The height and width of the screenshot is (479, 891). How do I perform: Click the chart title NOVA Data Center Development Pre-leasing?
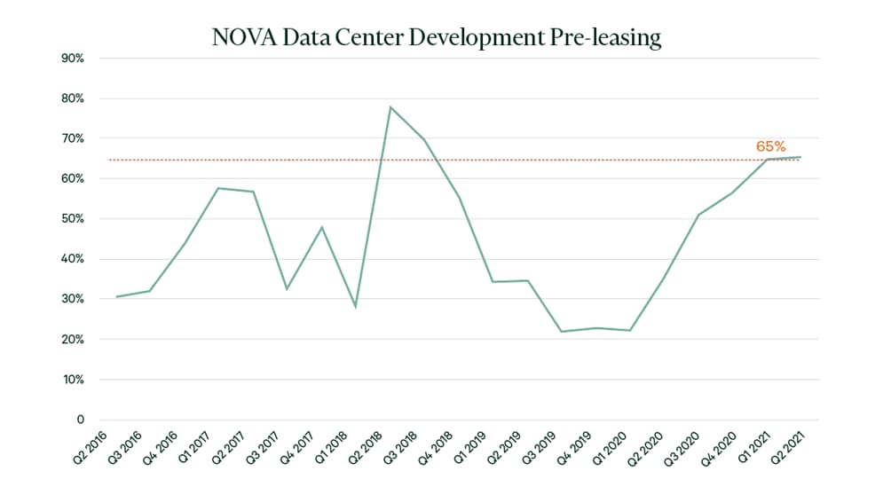coord(437,38)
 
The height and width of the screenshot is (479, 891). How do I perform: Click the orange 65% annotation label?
coord(770,146)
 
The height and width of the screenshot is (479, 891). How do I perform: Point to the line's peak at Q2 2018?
coord(390,107)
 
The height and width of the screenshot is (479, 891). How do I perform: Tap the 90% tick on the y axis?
coord(74,59)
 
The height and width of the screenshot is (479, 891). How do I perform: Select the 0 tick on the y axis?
coord(80,420)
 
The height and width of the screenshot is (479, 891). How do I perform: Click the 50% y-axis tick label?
coord(74,219)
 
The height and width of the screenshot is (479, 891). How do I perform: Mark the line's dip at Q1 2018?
coord(356,307)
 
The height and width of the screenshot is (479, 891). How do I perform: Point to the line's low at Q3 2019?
coord(561,332)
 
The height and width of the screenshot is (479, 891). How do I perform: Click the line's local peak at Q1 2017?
coord(218,188)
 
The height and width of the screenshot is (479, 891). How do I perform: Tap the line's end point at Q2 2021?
coord(800,157)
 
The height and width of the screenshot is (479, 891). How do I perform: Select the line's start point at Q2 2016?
coord(116,297)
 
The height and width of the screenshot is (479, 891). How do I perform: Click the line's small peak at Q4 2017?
coord(321,227)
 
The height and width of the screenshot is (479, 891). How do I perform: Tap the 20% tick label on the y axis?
coord(74,340)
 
